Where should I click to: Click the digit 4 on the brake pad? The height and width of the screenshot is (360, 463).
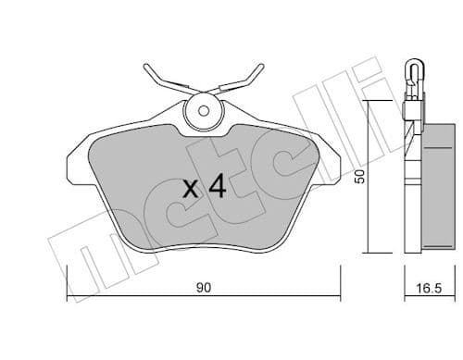(x=217, y=188)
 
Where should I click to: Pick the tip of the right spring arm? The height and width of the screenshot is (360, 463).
(x=263, y=67)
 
